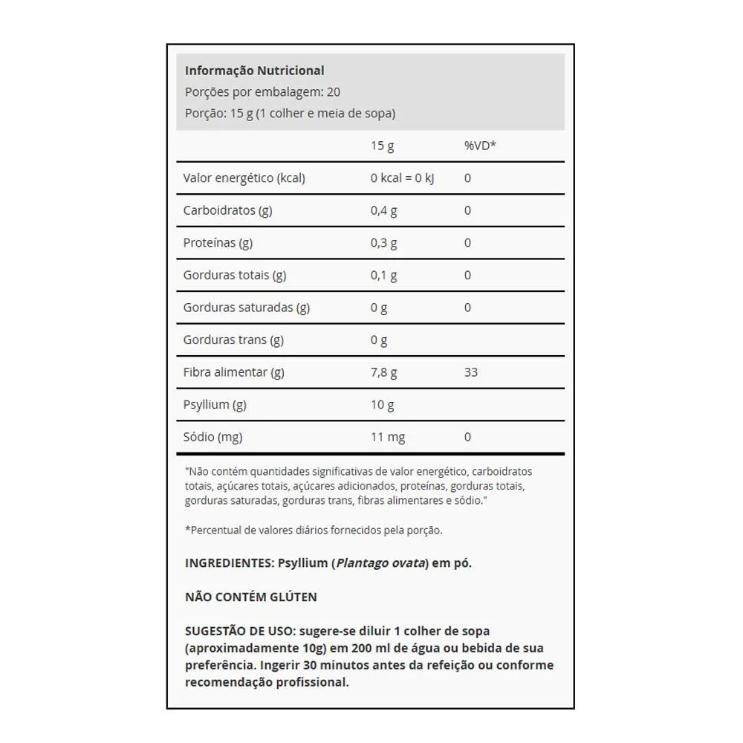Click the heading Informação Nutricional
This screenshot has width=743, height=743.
click(254, 71)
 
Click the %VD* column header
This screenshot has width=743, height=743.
click(480, 146)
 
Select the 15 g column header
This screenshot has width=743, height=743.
click(382, 146)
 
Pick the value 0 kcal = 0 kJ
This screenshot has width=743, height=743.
click(402, 178)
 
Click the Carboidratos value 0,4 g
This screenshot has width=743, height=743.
click(383, 210)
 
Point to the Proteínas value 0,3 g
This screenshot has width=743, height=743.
click(383, 243)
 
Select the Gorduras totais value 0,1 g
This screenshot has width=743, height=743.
click(383, 276)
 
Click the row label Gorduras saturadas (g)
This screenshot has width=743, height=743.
click(246, 308)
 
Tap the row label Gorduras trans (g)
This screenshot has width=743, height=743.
click(233, 340)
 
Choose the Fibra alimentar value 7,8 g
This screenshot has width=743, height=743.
click(383, 372)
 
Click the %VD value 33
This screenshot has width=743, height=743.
click(471, 372)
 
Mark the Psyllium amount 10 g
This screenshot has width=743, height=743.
click(382, 405)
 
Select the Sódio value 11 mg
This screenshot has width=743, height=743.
click(388, 437)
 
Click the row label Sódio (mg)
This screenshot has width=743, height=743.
click(212, 437)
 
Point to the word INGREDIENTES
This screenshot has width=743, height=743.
click(229, 563)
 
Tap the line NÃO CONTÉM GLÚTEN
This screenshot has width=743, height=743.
click(251, 597)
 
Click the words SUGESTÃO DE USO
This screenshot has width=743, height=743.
click(238, 631)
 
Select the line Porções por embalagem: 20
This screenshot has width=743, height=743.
click(262, 92)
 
